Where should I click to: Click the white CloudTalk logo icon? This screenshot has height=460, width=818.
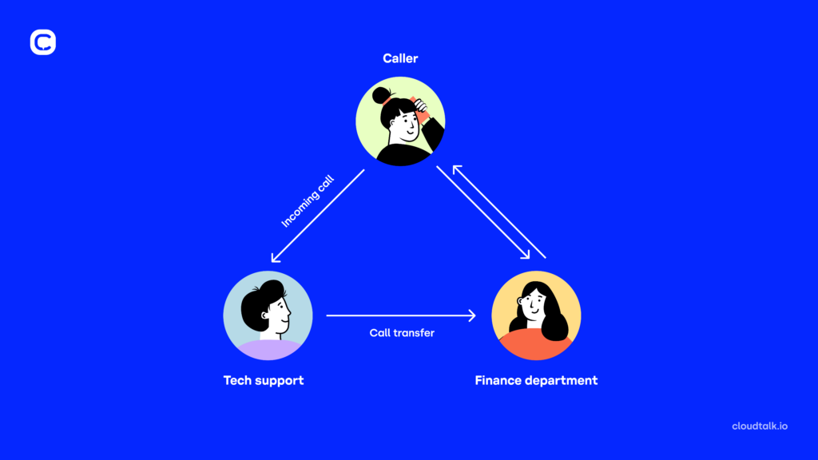coord(43,42)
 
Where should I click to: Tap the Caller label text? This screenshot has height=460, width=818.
coord(400,58)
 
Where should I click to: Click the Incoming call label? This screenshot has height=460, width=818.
coord(308,204)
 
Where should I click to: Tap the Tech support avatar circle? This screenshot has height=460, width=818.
coord(268,316)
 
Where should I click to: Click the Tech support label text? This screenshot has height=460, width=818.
coord(264,380)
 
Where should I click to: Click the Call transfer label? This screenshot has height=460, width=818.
coord(402,332)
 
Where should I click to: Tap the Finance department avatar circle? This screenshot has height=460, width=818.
coord(536,316)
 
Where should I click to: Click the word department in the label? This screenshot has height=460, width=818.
coord(561,380)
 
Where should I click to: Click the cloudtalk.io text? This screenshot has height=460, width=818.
coord(760,426)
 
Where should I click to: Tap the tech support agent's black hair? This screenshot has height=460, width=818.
coord(263,296)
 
